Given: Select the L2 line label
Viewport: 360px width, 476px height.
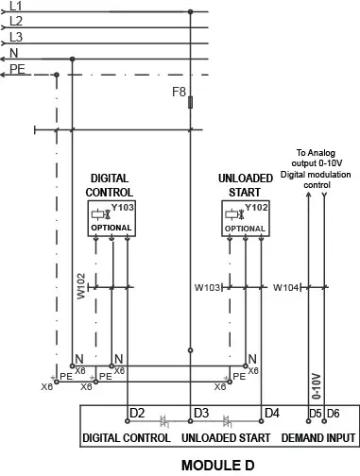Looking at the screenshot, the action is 15,21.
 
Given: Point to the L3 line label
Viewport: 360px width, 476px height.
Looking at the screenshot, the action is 15,36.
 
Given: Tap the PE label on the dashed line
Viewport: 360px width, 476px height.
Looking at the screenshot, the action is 16,68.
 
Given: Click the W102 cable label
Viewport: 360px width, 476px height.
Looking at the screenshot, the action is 81,287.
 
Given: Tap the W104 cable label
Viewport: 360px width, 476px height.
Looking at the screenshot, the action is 286,286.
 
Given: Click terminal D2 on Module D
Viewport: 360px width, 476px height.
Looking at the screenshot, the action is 136,413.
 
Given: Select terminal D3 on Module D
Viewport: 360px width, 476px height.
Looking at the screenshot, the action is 200,413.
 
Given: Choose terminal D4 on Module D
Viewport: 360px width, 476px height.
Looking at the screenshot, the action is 272,413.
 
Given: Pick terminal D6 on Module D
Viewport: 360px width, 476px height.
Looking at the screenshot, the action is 334,414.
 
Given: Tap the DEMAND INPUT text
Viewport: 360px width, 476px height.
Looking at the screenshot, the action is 318,438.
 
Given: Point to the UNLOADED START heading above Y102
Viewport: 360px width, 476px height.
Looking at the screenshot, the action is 245,184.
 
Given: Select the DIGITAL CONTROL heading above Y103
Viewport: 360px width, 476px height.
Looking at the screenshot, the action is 110,184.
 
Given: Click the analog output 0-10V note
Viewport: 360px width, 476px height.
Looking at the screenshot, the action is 317,165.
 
